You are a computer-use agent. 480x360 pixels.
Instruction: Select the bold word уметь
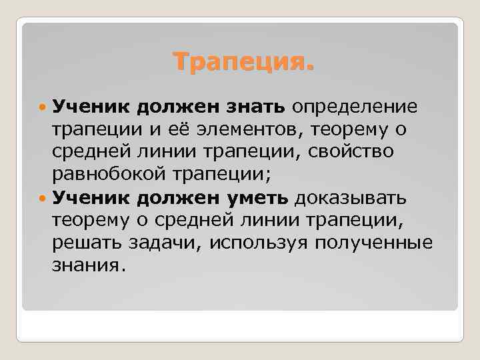261,197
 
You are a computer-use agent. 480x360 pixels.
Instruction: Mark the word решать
85,243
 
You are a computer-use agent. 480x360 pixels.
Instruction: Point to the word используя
259,243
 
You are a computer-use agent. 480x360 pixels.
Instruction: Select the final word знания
89,266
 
